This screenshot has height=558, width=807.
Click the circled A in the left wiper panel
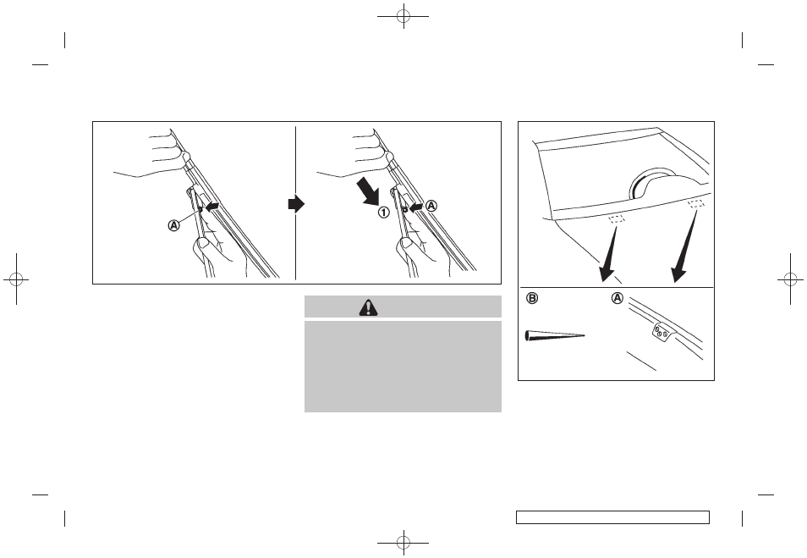click(x=174, y=225)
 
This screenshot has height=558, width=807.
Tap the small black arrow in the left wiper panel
click(x=212, y=206)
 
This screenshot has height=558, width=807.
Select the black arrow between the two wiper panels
click(x=296, y=204)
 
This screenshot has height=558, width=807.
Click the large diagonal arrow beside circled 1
click(x=369, y=191)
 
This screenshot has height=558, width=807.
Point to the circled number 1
click(x=384, y=212)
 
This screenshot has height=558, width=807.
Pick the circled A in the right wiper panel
click(x=431, y=206)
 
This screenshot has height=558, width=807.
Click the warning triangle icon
click(x=369, y=307)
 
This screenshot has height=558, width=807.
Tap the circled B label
click(x=532, y=298)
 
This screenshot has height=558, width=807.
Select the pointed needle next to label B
click(x=555, y=335)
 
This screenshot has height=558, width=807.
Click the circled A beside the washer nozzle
click(x=617, y=298)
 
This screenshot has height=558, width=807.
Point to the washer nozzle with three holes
click(x=661, y=332)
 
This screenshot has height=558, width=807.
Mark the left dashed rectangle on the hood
click(x=617, y=219)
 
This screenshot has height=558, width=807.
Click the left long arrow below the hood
click(x=609, y=252)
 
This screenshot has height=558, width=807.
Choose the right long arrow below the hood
click(x=684, y=246)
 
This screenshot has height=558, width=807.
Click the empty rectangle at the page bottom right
click(x=613, y=517)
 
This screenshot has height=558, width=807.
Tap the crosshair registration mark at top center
click(x=403, y=16)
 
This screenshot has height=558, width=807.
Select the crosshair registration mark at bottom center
click(x=403, y=542)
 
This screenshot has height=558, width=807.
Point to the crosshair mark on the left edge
click(x=16, y=279)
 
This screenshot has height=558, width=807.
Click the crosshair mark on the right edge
click(x=791, y=279)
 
